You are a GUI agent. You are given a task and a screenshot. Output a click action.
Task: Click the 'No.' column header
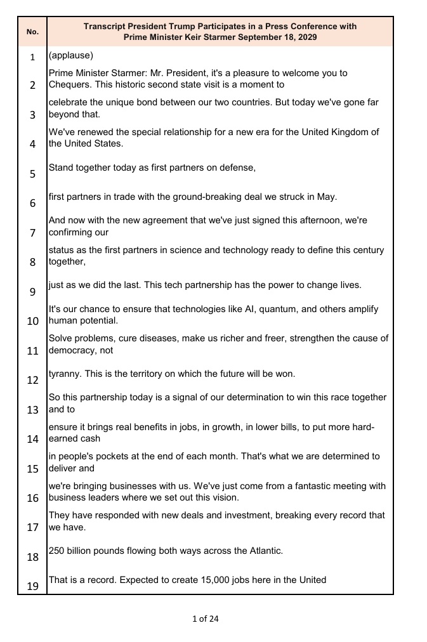32,32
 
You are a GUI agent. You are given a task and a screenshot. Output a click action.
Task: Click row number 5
32,173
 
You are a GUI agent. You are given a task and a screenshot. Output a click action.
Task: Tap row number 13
32,409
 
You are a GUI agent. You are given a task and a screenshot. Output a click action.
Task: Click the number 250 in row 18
57,551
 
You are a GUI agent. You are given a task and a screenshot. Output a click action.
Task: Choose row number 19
32,586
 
